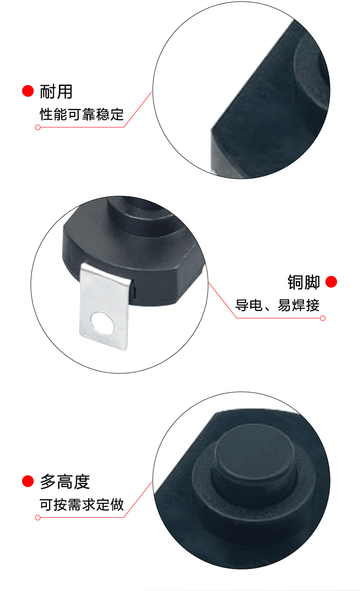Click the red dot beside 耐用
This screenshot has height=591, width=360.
(28, 91)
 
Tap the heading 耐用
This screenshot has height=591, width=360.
(56, 91)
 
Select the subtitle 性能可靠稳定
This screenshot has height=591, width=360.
(81, 114)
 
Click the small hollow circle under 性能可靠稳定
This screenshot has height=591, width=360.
(38, 127)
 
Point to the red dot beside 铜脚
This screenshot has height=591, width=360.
(331, 282)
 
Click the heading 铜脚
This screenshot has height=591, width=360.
(304, 282)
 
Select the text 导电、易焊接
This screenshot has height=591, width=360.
(277, 306)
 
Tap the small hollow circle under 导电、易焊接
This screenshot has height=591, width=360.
(322, 319)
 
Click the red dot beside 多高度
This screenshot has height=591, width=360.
(28, 482)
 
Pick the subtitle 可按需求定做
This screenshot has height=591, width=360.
(81, 505)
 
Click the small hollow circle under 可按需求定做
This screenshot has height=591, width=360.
(38, 518)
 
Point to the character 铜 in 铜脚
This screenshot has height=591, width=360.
(296, 282)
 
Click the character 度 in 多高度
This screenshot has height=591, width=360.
(82, 482)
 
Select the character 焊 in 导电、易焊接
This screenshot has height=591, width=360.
(298, 306)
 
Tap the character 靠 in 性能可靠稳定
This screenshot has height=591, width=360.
(89, 114)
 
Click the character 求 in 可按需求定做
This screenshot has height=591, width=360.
(89, 505)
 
